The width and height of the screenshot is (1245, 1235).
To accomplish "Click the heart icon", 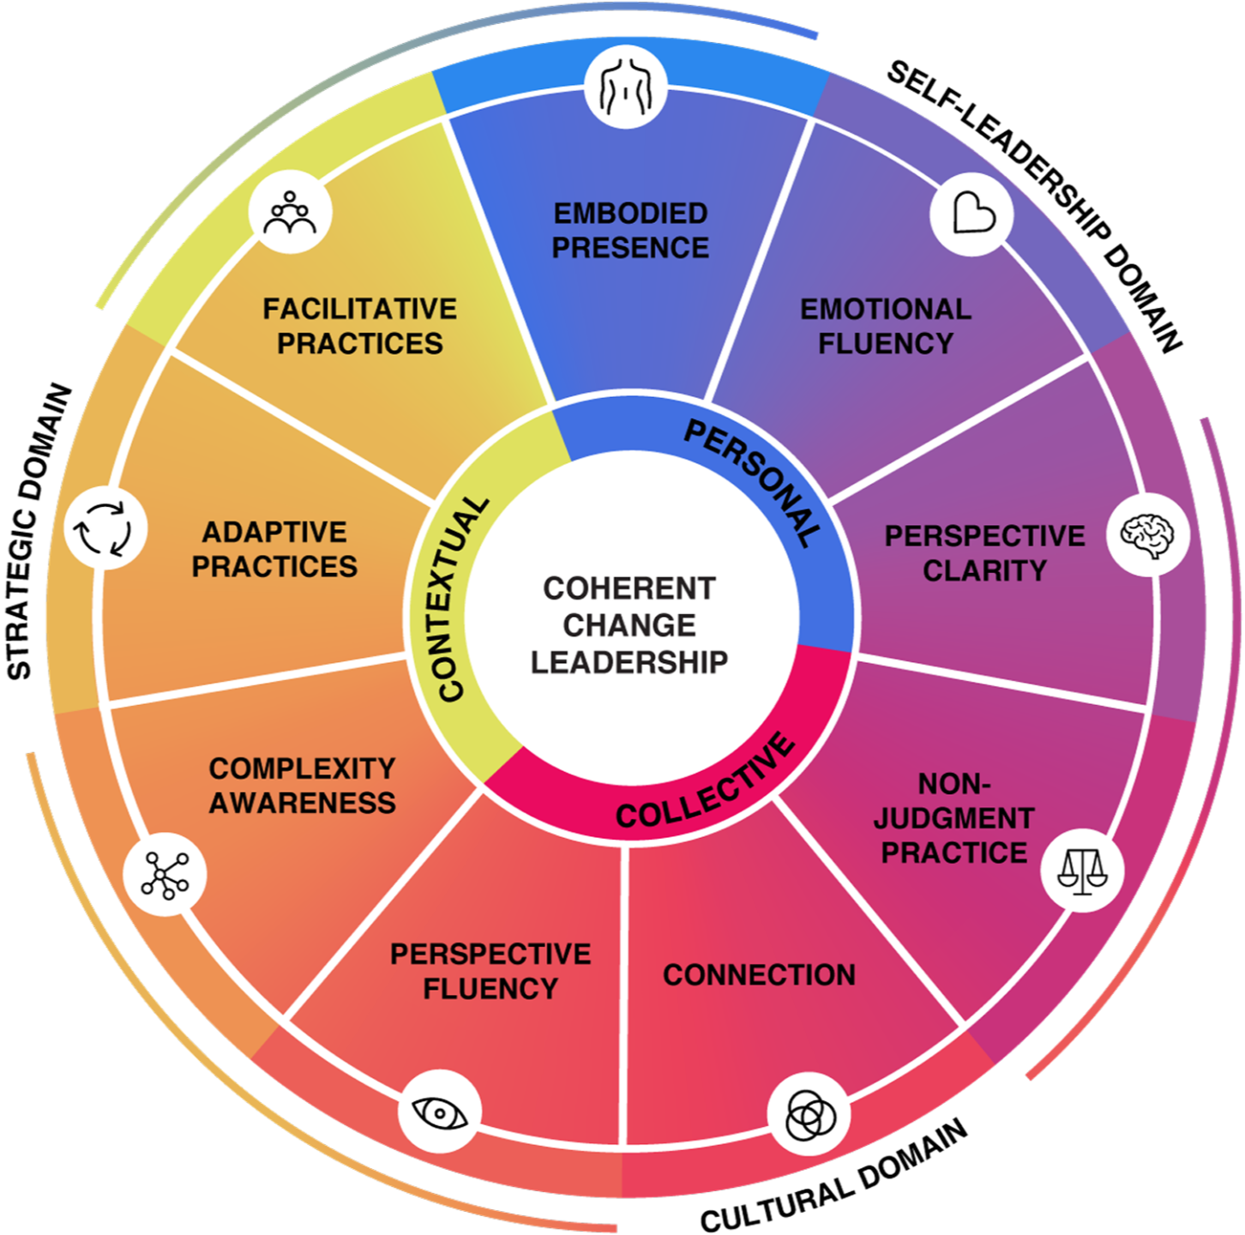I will [x=972, y=214].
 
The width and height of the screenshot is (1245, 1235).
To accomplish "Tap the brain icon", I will [x=1148, y=535].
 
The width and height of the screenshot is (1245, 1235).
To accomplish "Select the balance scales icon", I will [x=1082, y=870].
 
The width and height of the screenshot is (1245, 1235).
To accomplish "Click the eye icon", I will [x=439, y=1112].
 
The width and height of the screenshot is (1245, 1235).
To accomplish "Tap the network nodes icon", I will [x=165, y=874].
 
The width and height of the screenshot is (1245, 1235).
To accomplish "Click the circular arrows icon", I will [x=105, y=528].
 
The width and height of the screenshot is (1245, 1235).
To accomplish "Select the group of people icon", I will [x=290, y=212].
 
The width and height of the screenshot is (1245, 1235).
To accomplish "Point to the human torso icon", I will [x=627, y=87].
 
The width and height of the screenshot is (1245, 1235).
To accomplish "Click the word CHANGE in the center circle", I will [x=629, y=625].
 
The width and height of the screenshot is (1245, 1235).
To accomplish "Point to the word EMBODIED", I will [x=630, y=213].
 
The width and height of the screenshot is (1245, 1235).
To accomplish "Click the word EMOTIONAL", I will [x=886, y=309].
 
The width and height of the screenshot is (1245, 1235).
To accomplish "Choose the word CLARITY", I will [x=984, y=570].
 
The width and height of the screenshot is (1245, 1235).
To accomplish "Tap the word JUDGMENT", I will [x=953, y=818].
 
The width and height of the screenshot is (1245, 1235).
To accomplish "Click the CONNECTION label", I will [x=759, y=974].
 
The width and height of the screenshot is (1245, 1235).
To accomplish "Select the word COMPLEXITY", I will [x=302, y=768].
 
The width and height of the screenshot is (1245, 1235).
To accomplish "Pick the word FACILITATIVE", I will [x=359, y=308].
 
